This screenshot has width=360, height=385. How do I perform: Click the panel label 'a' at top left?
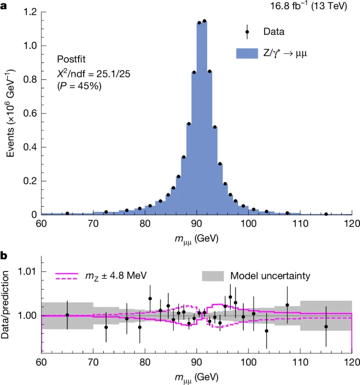pos(4,7)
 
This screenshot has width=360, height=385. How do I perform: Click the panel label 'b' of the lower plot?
pos(4,255)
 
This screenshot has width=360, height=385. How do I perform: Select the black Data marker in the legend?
pos(247,32)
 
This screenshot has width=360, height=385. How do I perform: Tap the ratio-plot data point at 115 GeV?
pos(326,327)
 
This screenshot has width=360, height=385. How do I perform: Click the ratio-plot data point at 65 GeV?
pos(67,315)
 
